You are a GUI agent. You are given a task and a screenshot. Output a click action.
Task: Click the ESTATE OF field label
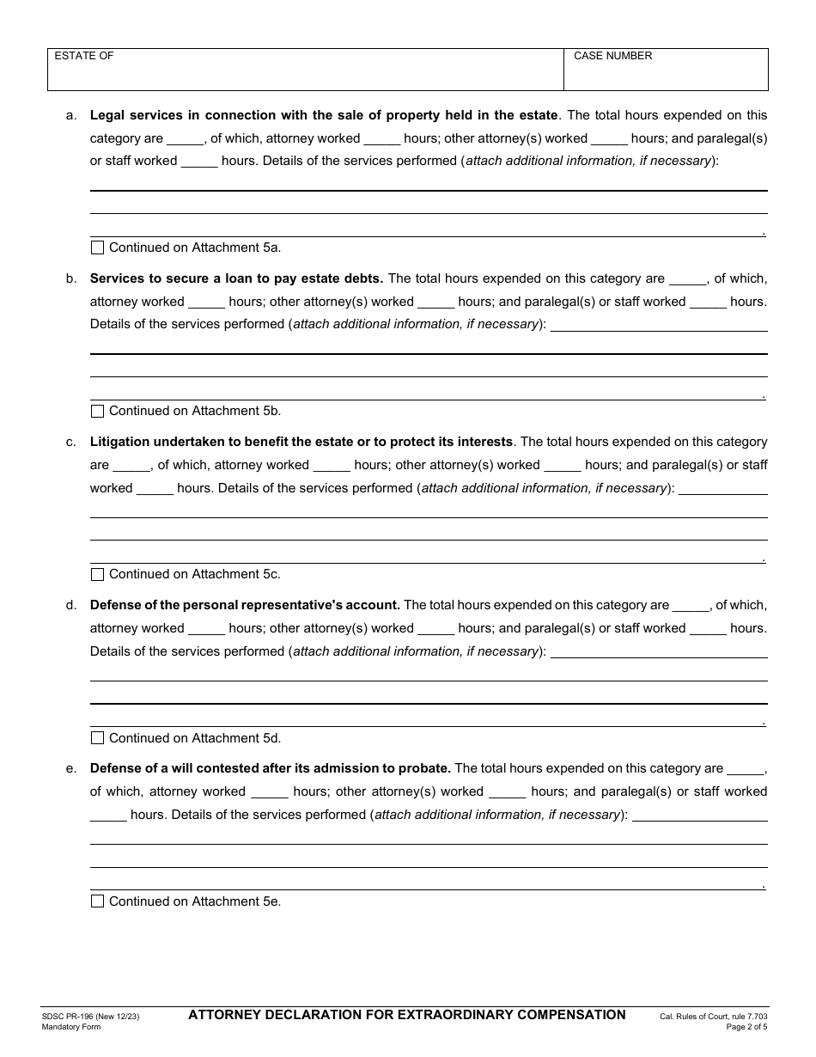[84, 56]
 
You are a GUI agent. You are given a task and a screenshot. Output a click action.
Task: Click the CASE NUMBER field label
[612, 56]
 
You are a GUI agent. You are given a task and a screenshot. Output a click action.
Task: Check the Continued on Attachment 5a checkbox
[97, 247]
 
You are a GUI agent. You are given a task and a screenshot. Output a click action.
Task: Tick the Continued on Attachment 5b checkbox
[97, 411]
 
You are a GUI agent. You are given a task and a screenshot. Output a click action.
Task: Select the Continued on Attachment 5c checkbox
[97, 574]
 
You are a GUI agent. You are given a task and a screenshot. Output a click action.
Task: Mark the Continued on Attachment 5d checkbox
[97, 737]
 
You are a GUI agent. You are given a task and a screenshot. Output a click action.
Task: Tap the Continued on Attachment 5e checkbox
[97, 901]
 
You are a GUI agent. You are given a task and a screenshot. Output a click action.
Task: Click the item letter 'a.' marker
[71, 115]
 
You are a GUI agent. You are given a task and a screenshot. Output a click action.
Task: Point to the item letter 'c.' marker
[71, 442]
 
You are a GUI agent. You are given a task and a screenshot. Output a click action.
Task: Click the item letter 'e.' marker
[71, 768]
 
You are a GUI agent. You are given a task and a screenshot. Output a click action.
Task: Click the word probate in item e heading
[422, 768]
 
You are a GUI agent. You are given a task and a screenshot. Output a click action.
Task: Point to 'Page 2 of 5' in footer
[746, 1027]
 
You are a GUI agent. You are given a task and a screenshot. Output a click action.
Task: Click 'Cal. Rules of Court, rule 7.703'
[713, 1017]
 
